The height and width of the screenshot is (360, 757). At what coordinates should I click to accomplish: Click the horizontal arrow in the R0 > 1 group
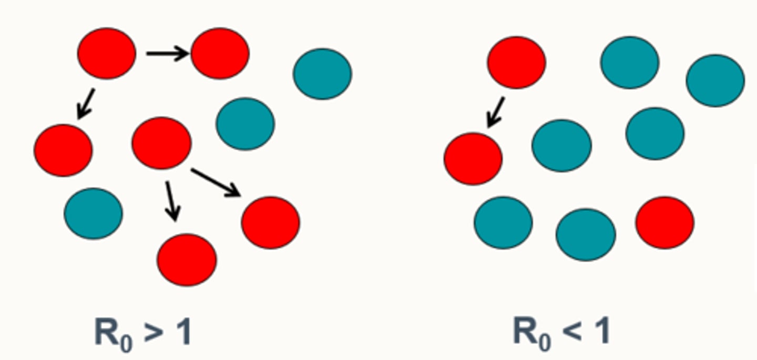click(167, 53)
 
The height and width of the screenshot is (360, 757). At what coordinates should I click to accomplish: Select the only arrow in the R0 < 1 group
click(496, 112)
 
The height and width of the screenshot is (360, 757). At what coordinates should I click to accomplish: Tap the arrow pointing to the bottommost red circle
click(171, 201)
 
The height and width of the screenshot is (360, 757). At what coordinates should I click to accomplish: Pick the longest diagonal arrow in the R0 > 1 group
click(216, 182)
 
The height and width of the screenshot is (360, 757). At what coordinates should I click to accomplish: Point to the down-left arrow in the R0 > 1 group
click(86, 104)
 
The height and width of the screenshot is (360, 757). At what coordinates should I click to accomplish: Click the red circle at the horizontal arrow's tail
click(107, 53)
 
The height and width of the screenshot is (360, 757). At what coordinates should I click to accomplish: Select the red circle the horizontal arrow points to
click(220, 53)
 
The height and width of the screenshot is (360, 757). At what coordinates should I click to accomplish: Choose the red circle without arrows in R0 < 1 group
click(664, 222)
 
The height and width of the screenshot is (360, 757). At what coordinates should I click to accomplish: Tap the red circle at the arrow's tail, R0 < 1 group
click(516, 62)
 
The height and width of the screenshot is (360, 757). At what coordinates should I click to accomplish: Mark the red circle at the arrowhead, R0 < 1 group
click(473, 158)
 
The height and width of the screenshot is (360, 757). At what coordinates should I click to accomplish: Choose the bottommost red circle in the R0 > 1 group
click(187, 260)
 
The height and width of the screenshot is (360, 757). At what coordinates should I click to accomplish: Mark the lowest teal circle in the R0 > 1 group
click(93, 213)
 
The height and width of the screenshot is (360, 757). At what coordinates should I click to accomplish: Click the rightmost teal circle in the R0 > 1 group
click(322, 74)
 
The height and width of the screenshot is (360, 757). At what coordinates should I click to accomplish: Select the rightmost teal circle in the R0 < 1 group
click(715, 80)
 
